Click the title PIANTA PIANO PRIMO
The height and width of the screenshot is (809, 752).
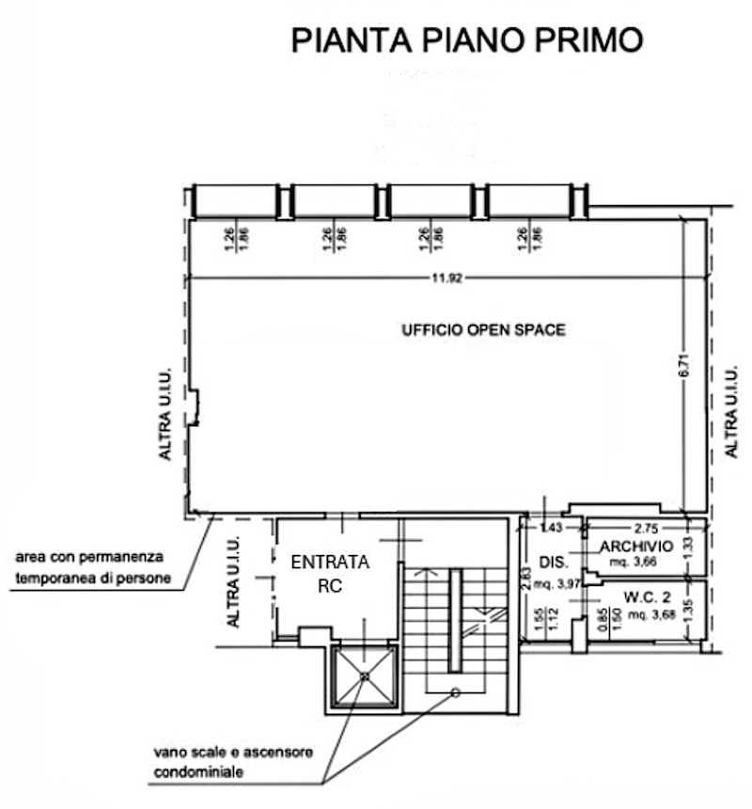[x=467, y=40]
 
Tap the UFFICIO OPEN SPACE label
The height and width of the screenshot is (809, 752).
[x=483, y=329]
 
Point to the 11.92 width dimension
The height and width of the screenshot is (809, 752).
[x=447, y=278]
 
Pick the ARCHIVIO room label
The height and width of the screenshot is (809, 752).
[x=635, y=547]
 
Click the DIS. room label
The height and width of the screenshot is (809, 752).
[x=551, y=563]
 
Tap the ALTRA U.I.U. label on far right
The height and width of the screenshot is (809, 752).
[x=732, y=412]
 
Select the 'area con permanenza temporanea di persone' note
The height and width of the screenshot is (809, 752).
[x=93, y=568]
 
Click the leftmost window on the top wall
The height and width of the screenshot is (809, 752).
[x=236, y=200]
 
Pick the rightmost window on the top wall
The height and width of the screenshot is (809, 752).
[x=529, y=200]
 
